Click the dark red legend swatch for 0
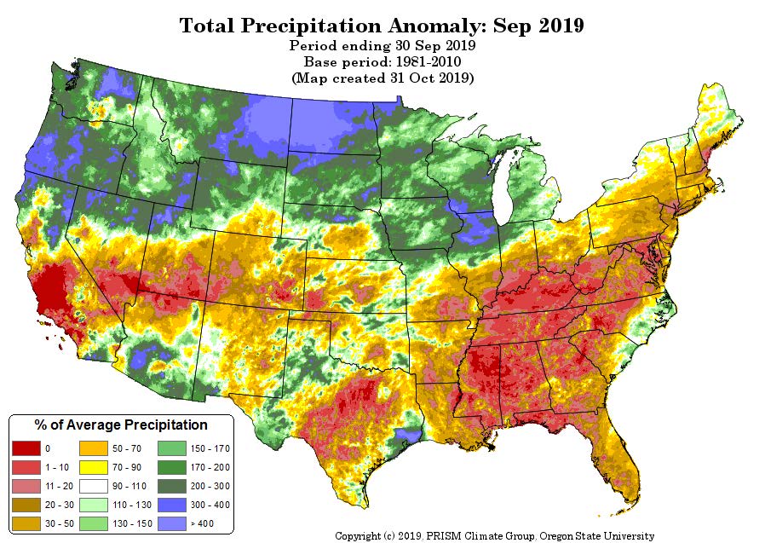[26, 448]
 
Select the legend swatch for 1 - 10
[26, 467]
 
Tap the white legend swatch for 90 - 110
[93, 486]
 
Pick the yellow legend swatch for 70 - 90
[93, 467]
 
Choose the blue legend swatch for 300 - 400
[172, 505]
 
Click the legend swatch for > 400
[172, 523]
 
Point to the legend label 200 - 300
[210, 487]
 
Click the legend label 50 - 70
[127, 448]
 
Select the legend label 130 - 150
[132, 524]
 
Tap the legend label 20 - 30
[60, 505]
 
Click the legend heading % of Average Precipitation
[121, 425]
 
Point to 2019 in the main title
[561, 26]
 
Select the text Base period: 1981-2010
[382, 62]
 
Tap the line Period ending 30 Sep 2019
[382, 45]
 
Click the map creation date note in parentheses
[382, 78]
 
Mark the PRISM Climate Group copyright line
[494, 536]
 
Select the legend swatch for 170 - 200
[172, 467]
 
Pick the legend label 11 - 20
[60, 487]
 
